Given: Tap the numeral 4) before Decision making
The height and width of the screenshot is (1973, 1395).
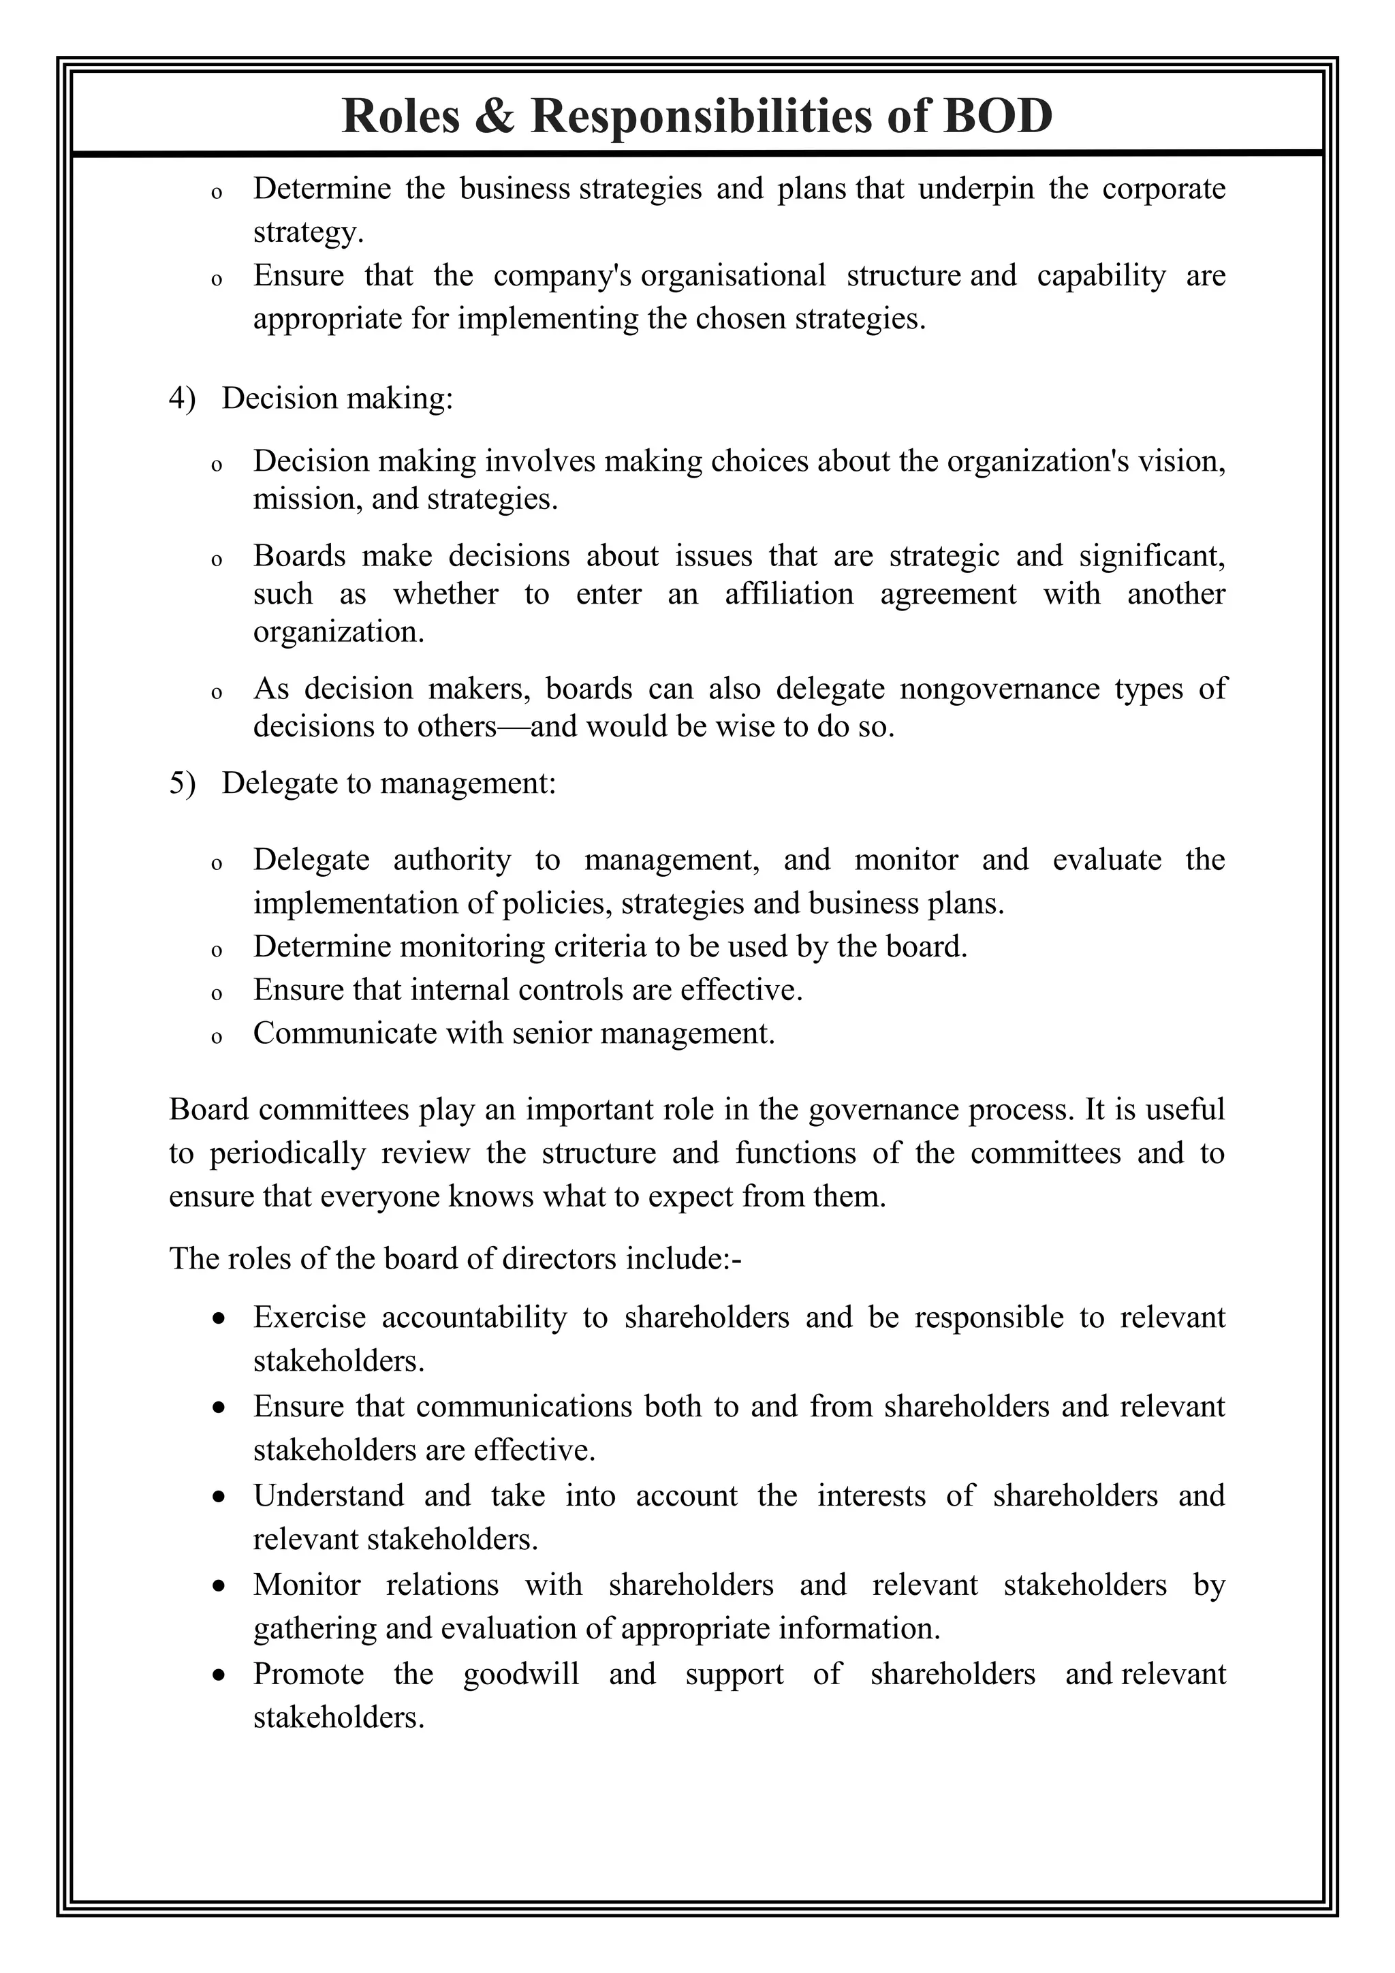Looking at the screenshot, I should pyautogui.click(x=181, y=399).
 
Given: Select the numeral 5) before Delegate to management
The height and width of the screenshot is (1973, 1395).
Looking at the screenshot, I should pyautogui.click(x=181, y=783).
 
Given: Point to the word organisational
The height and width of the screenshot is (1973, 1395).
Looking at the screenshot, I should pyautogui.click(x=733, y=275).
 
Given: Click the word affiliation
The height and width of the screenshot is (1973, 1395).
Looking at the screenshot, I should pyautogui.click(x=789, y=594).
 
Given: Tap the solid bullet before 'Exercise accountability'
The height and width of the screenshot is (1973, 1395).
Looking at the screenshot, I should pyautogui.click(x=220, y=1318).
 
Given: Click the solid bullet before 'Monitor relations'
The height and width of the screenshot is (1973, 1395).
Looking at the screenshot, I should pyautogui.click(x=220, y=1585).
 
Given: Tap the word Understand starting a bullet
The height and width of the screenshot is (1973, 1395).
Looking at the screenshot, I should pyautogui.click(x=328, y=1496).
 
